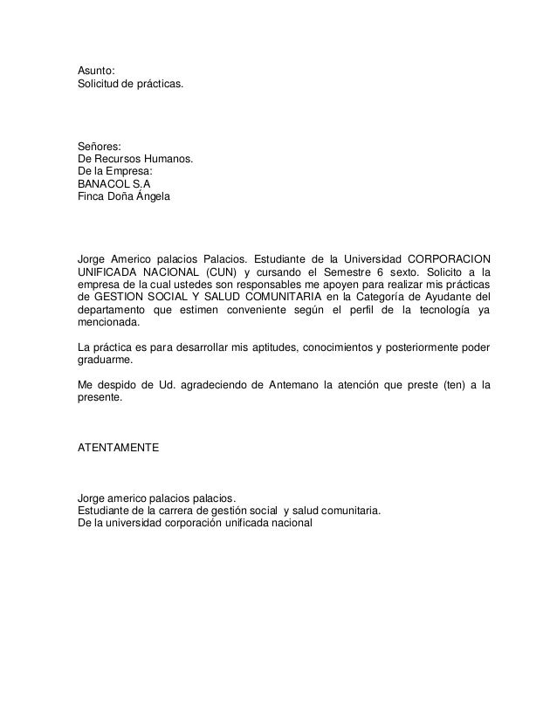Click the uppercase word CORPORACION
coord(450,259)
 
